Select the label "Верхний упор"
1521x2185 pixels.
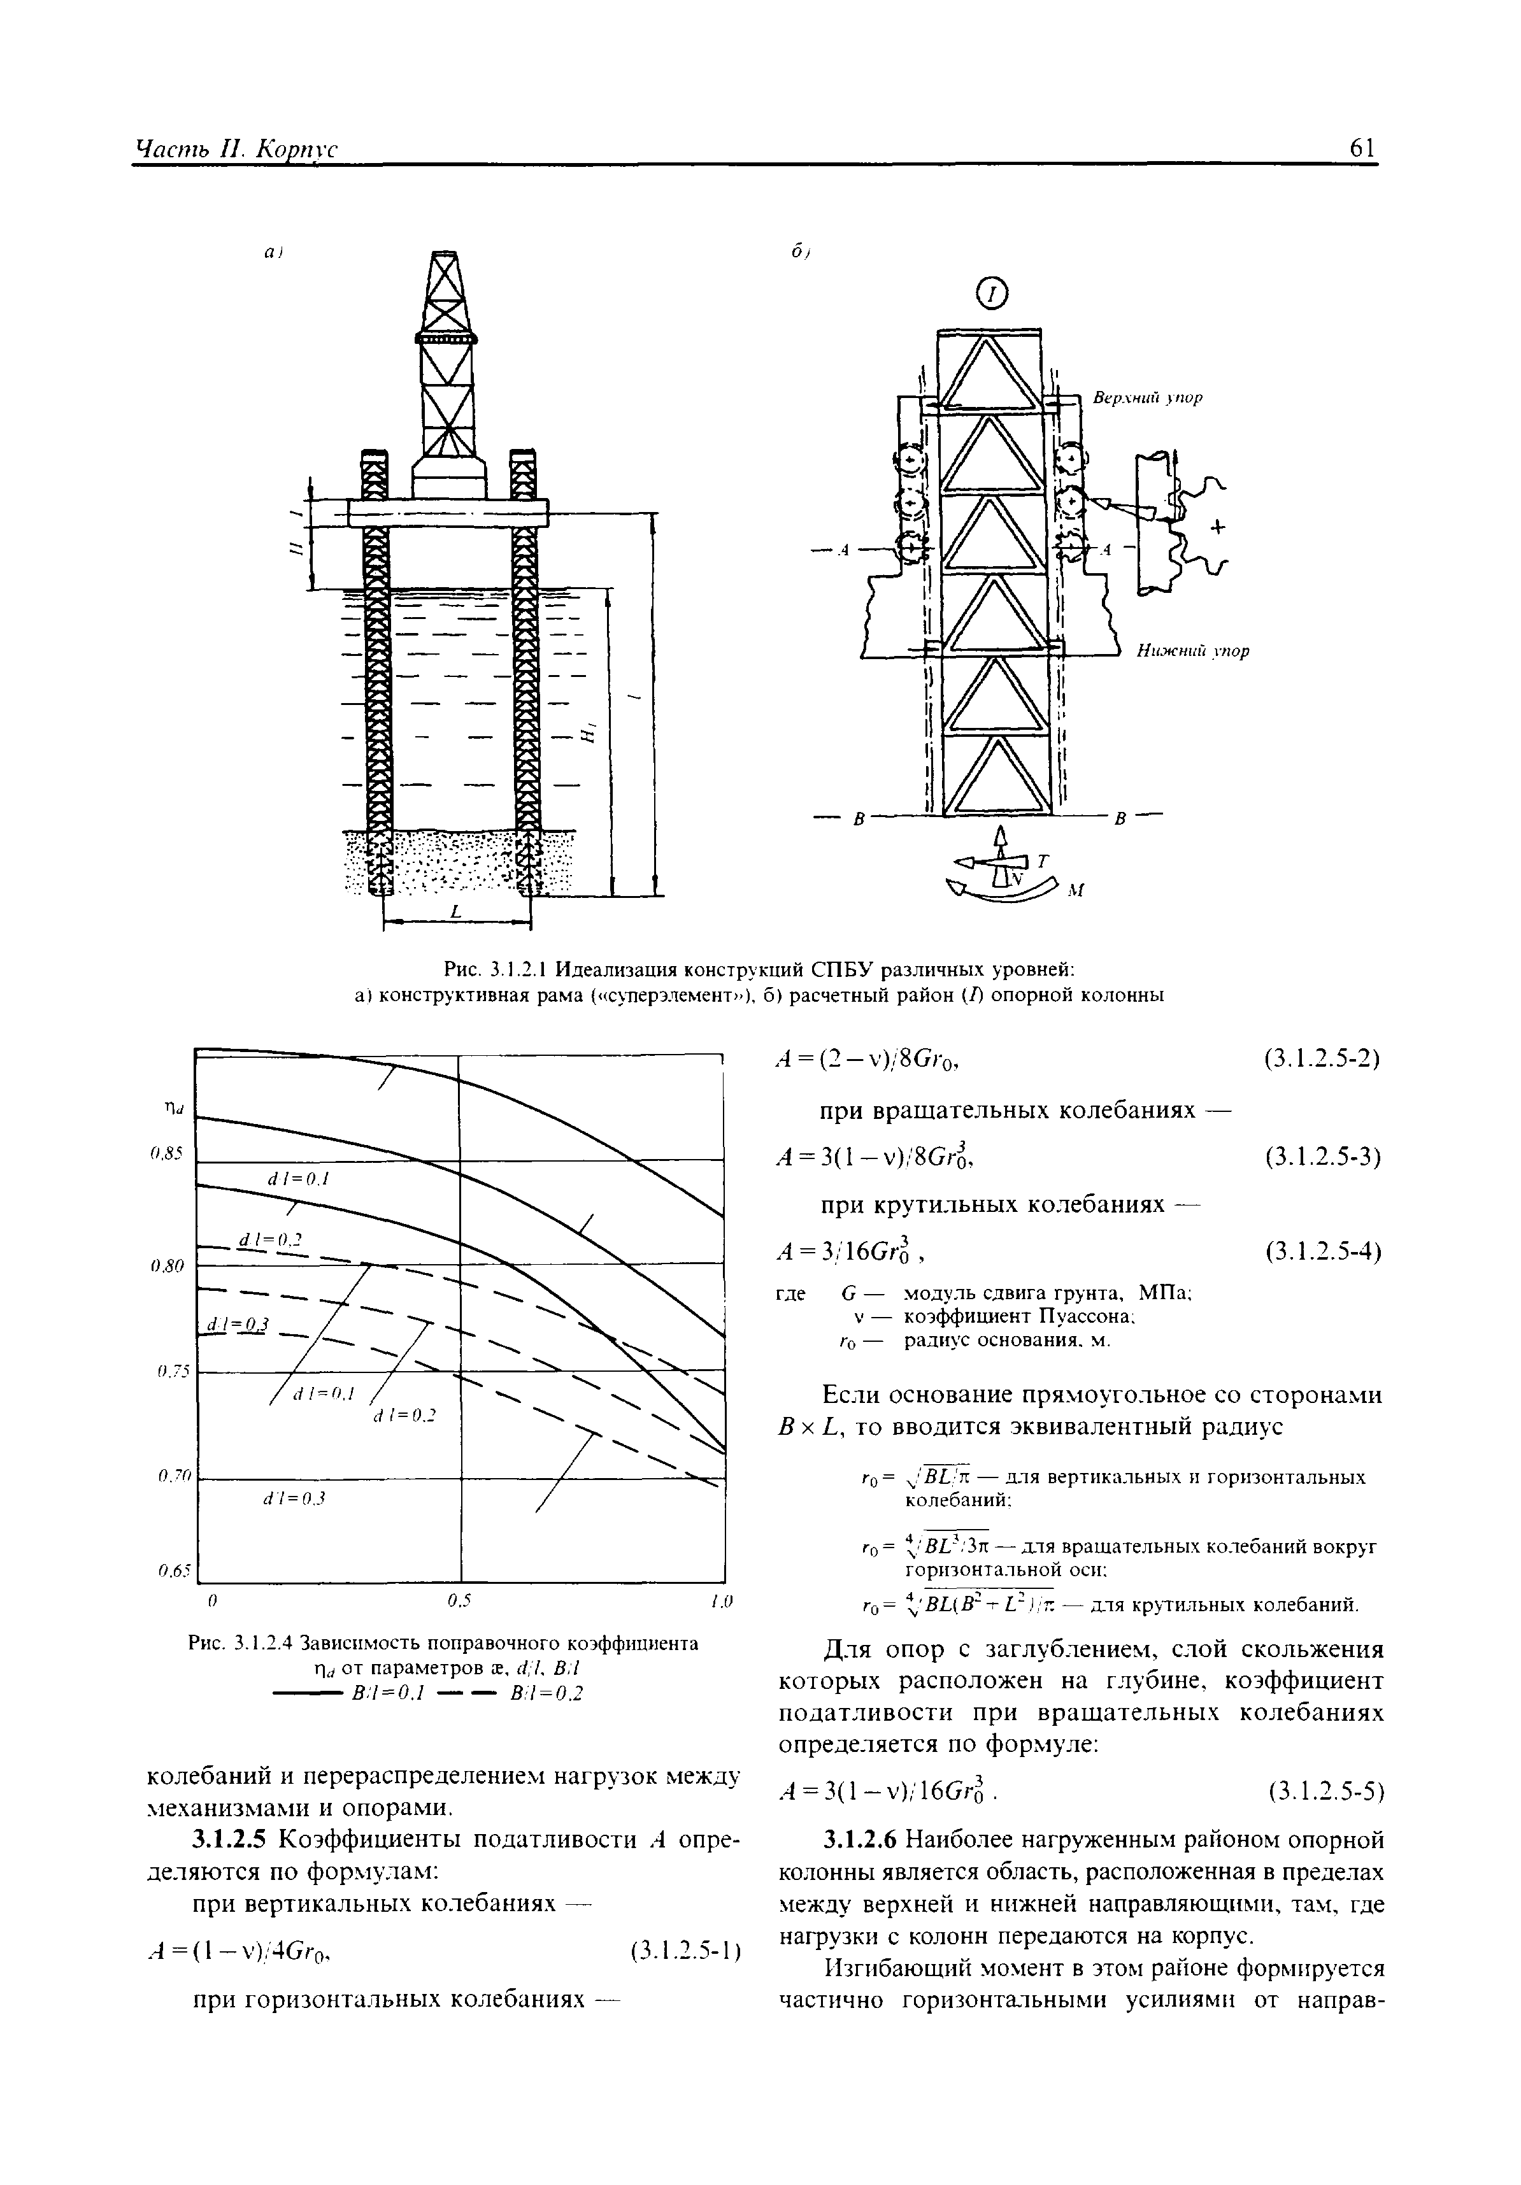(1146, 398)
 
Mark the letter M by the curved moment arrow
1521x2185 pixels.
(1076, 891)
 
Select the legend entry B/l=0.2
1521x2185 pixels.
(545, 1692)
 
